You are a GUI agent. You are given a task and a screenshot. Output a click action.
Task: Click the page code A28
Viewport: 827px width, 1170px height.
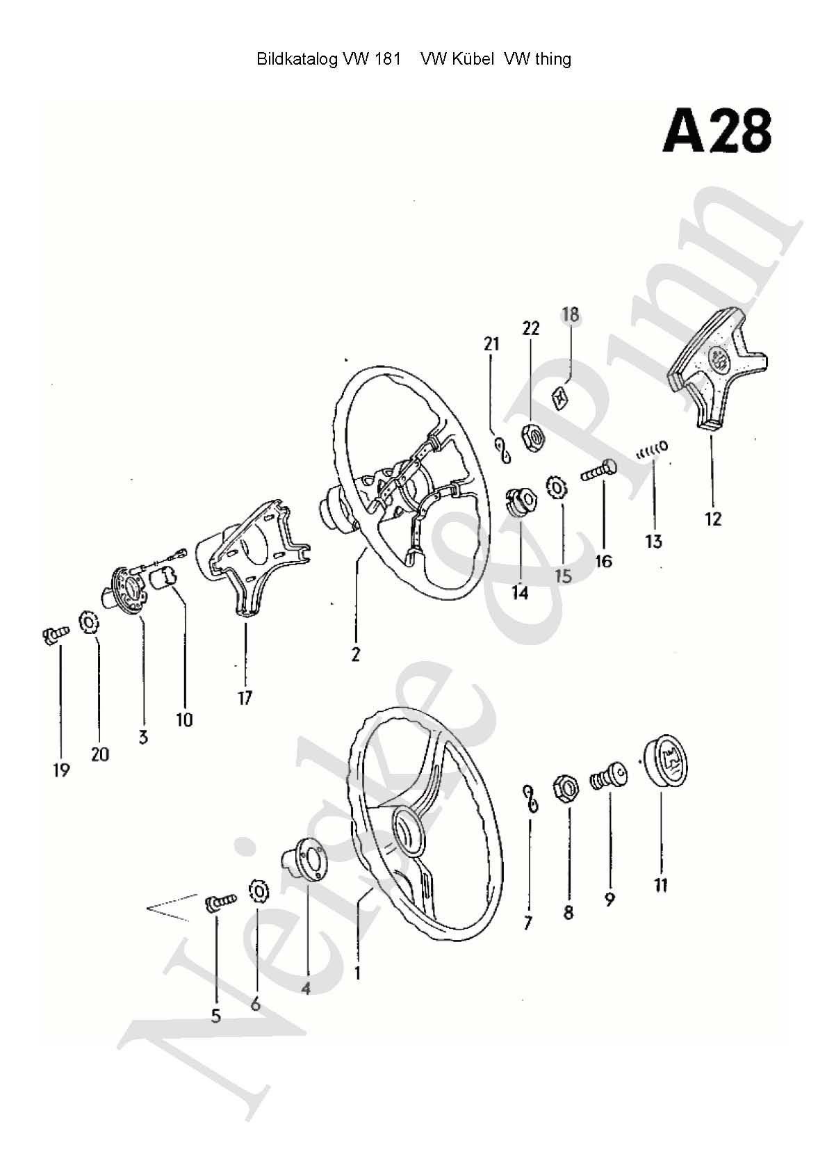click(717, 131)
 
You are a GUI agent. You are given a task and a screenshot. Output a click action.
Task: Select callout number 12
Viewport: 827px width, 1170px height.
click(713, 519)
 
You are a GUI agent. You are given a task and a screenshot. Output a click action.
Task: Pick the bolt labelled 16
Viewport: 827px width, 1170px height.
click(598, 471)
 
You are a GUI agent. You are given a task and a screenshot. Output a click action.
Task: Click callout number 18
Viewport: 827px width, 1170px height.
click(571, 314)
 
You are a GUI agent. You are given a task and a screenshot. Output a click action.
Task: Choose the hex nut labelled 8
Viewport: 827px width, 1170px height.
click(566, 789)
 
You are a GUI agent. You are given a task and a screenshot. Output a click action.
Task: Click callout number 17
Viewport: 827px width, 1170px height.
click(245, 698)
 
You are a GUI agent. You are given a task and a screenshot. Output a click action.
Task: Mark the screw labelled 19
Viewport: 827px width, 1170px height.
click(55, 635)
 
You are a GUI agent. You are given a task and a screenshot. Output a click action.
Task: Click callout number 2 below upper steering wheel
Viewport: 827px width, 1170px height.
click(356, 654)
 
